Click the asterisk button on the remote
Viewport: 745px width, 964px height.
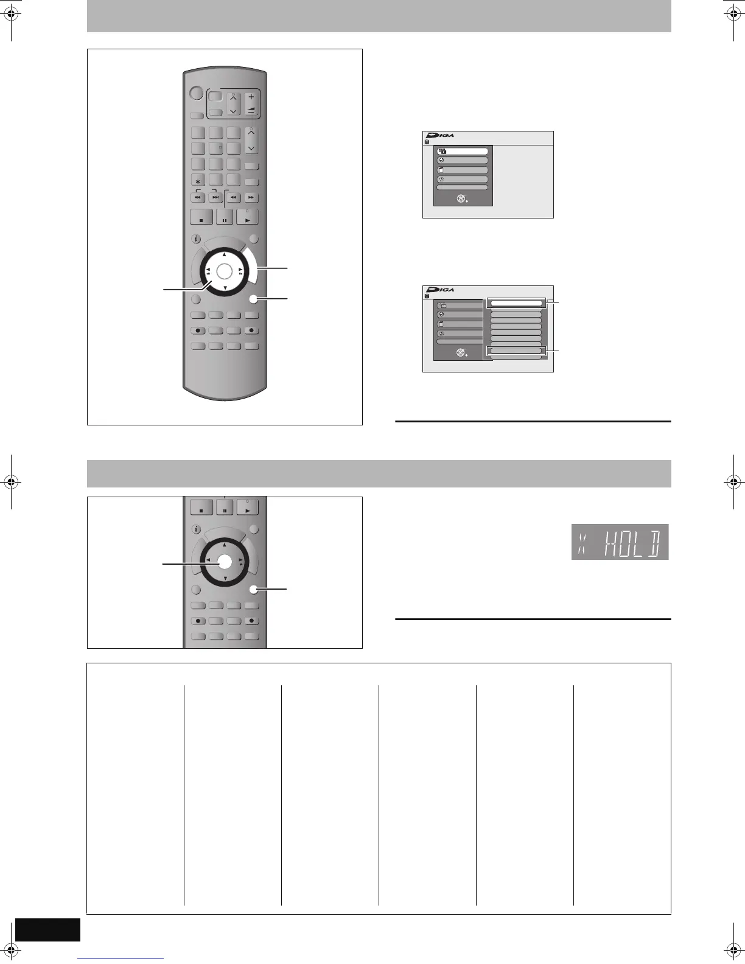click(198, 181)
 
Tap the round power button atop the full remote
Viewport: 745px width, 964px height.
click(195, 93)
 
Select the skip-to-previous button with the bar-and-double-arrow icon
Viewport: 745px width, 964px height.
click(198, 198)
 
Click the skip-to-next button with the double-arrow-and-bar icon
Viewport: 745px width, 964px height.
click(215, 198)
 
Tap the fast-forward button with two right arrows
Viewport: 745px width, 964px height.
click(251, 198)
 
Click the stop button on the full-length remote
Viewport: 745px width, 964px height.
click(201, 217)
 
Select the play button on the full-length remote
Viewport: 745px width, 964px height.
click(247, 217)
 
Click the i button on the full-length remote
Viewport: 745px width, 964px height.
click(197, 239)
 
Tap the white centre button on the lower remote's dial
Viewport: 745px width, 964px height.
click(225, 562)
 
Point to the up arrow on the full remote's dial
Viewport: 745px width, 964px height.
click(225, 254)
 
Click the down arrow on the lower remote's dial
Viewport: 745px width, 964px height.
click(225, 578)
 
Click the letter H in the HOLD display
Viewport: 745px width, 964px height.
click(613, 542)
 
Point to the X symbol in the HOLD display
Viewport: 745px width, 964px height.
click(581, 542)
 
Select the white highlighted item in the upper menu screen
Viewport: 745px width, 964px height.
click(462, 151)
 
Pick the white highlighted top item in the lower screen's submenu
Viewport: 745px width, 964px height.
click(516, 302)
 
